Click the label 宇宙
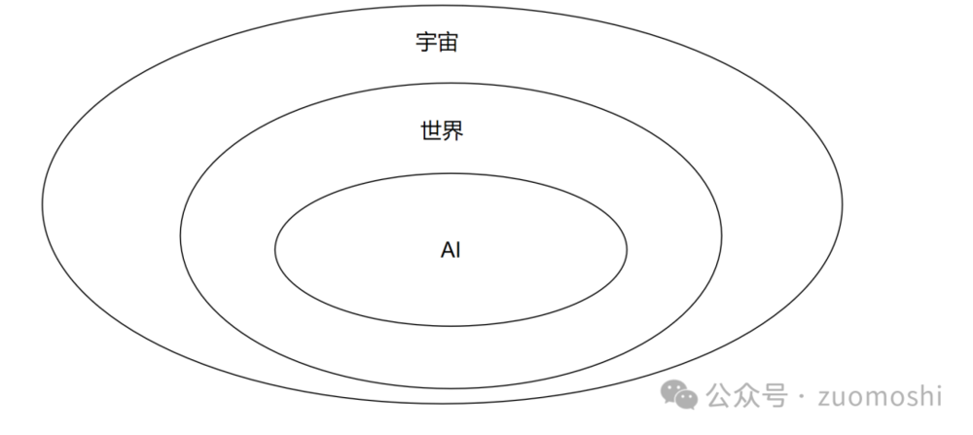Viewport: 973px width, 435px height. coord(436,44)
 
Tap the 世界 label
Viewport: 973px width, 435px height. coord(442,130)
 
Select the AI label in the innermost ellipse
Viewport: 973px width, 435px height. coord(450,250)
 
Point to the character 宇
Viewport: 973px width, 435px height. coord(425,44)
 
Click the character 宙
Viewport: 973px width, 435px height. coord(447,44)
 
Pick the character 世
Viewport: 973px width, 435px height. coord(431,130)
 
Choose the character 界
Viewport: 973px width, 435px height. coord(452,130)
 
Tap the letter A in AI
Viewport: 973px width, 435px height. coord(447,250)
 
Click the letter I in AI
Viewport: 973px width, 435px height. coord(458,250)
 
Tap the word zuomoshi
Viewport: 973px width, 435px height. coord(882,396)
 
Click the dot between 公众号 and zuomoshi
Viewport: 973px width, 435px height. coord(800,397)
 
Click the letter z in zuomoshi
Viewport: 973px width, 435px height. coord(827,398)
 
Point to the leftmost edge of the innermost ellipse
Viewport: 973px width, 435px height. coord(275,249)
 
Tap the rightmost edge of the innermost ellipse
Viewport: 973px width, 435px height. coord(627,249)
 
